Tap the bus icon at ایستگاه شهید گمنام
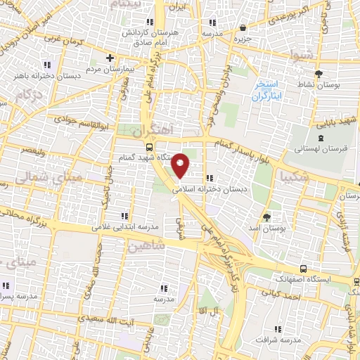coord(149,147)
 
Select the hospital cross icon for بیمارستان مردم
coord(109,58)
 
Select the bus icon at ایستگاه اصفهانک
coord(303,269)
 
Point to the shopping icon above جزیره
coord(243,28)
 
